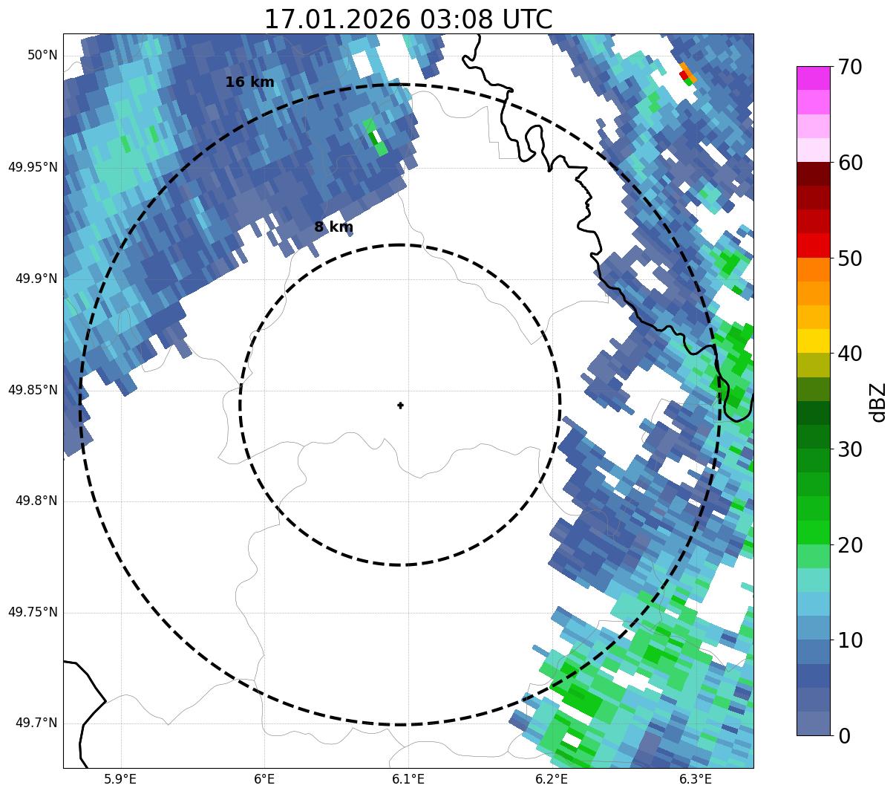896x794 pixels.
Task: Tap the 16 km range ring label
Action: point(249,82)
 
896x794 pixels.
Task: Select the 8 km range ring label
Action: point(333,227)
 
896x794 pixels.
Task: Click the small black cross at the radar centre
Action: point(401,406)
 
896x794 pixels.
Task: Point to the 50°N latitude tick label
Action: point(42,55)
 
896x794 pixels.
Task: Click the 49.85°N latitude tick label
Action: point(33,390)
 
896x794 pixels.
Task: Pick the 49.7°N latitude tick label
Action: point(36,723)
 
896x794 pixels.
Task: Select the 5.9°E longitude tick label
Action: point(120,779)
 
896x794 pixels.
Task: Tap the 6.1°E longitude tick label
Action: point(408,779)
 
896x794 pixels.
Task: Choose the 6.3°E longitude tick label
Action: point(696,779)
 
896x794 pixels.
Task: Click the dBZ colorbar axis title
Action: point(879,402)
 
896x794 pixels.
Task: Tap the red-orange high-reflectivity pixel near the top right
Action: point(685,74)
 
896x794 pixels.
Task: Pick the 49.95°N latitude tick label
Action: point(33,167)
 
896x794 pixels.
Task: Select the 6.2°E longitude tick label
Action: point(552,779)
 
